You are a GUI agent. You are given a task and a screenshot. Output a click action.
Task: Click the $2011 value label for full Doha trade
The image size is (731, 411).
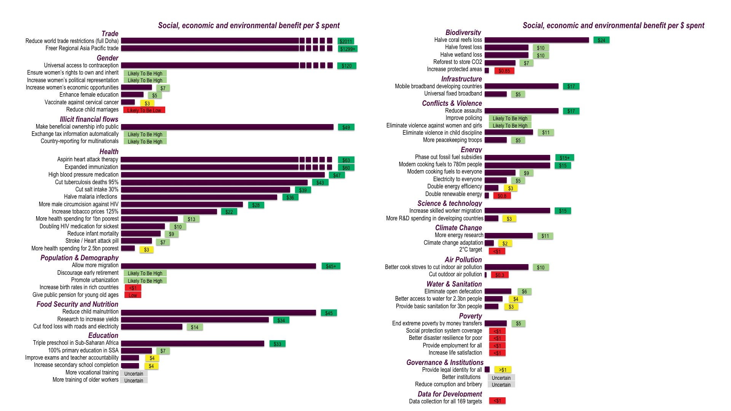[x=346, y=41]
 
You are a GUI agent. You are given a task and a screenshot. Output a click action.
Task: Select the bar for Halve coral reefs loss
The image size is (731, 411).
[x=536, y=40]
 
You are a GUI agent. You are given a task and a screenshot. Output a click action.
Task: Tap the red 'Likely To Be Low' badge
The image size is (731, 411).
[x=144, y=110]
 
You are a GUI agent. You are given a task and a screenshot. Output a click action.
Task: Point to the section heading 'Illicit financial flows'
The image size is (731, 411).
[x=89, y=119]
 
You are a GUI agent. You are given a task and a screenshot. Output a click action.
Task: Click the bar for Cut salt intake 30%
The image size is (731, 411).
[x=205, y=190]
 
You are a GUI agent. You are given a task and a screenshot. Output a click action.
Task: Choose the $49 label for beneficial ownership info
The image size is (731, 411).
[x=346, y=127]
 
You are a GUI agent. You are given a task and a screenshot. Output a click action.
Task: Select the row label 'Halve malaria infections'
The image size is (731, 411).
[x=91, y=197]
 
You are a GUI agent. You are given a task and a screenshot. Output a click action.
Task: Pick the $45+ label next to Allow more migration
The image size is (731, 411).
[x=330, y=266]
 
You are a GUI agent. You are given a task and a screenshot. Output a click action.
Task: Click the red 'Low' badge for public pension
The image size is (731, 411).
[x=132, y=295]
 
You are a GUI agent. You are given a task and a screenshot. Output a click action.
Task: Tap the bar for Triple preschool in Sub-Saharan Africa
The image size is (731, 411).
[x=192, y=344]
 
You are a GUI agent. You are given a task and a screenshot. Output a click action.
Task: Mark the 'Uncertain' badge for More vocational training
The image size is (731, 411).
[x=134, y=374]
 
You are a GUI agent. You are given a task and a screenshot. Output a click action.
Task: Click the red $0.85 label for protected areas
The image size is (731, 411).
[x=504, y=71]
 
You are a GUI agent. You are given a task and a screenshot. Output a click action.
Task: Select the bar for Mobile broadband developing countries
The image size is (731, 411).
[x=521, y=86]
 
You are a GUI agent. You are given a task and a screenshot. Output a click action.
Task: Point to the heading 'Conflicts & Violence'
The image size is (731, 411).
[x=452, y=103]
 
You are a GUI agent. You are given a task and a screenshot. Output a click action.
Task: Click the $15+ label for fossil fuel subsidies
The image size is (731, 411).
[x=564, y=158]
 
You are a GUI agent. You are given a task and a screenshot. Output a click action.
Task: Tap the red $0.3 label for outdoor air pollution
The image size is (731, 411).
[x=500, y=275]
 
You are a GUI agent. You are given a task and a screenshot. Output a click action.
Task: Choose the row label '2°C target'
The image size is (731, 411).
[x=470, y=250]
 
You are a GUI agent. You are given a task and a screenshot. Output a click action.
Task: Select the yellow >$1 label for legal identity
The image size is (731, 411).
[x=503, y=370]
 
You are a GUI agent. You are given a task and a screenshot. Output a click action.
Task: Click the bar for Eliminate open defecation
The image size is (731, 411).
[x=498, y=292]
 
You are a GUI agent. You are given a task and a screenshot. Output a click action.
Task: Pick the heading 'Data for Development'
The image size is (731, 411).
[x=450, y=394]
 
